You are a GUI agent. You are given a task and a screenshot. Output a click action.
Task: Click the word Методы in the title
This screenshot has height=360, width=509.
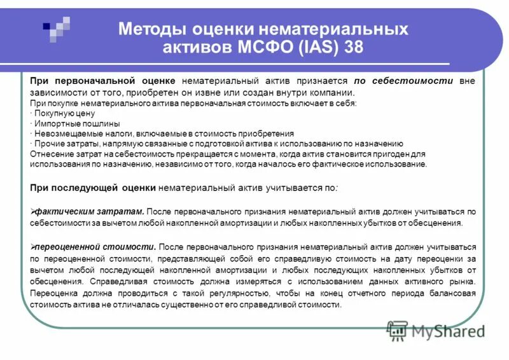click(150, 29)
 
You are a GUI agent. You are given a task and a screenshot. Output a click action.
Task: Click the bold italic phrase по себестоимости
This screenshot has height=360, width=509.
click(403, 81)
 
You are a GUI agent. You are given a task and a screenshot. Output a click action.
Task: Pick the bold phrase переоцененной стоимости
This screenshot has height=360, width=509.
click(95, 246)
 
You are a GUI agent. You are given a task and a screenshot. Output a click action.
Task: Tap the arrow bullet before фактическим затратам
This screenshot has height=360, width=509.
click(33, 211)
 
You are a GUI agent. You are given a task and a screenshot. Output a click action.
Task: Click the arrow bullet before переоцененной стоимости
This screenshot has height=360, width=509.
click(33, 246)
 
